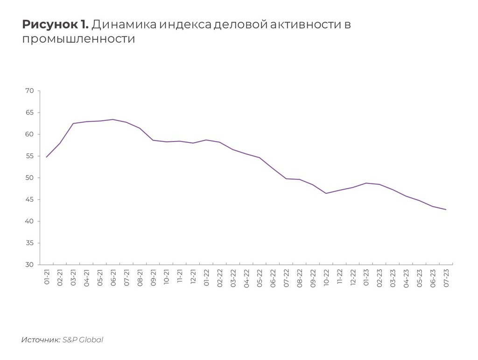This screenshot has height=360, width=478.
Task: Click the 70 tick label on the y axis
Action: tap(29, 91)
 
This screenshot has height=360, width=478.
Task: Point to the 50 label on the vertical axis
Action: tap(29, 178)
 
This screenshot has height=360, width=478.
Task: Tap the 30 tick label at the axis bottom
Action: tap(29, 265)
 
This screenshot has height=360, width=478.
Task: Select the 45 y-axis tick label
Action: tap(29, 200)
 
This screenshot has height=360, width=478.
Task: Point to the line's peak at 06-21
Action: tap(113, 120)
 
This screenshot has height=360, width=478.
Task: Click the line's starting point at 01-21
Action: tap(47, 157)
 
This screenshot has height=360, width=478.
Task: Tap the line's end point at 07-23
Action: tap(446, 210)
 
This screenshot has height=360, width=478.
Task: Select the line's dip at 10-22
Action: tap(326, 193)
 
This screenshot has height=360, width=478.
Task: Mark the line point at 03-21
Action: tap(73, 123)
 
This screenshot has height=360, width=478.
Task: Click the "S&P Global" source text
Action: tap(83, 339)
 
